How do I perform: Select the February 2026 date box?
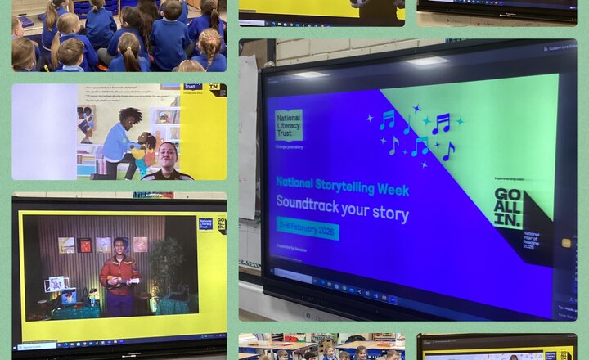308,228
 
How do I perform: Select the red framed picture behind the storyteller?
84,245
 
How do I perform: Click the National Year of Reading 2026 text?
532,245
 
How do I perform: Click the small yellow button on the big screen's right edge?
566,242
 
